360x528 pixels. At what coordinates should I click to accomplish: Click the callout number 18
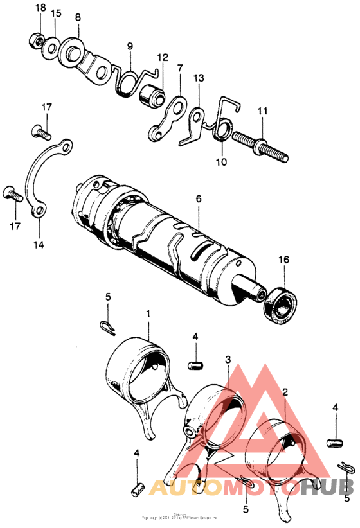[x=40, y=8]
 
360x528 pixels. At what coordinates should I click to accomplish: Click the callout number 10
[x=221, y=163]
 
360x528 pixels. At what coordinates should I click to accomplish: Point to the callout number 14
[x=40, y=245]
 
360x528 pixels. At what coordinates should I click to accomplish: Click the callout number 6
[x=199, y=200]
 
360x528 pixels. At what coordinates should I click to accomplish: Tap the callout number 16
[x=283, y=260]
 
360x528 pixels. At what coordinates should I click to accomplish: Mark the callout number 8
[x=78, y=17]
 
